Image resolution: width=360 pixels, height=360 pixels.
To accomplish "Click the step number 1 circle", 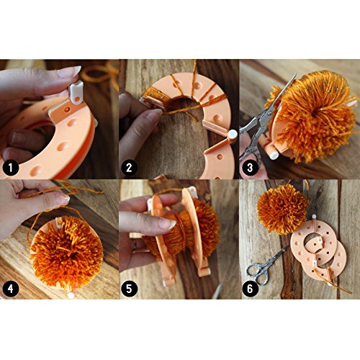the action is point(11,168).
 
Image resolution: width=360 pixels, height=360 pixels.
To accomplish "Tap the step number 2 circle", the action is point(129,168).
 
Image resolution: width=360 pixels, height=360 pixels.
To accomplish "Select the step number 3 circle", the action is point(250,168).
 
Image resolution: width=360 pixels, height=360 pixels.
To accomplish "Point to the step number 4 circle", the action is point(11,289).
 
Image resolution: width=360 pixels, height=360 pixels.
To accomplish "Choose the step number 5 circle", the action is point(129,289).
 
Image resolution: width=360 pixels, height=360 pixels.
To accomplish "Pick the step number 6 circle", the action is point(250,289).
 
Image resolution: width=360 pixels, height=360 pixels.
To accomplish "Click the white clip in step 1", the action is point(76,93).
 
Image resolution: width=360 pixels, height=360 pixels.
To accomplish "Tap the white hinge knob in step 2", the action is point(233,135).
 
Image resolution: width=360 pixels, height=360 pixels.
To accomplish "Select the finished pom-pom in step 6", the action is point(282,210).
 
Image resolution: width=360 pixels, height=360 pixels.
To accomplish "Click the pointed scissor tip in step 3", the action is point(297,73).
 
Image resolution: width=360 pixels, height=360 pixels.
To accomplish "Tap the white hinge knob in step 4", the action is point(71,295).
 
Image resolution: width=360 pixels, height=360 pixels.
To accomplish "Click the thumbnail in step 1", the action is point(70,71).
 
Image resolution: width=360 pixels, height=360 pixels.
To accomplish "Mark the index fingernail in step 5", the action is point(168,224).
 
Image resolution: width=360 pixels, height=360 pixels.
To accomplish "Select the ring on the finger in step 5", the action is point(135,246).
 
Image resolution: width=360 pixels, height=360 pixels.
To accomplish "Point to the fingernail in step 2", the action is point(155,114).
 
